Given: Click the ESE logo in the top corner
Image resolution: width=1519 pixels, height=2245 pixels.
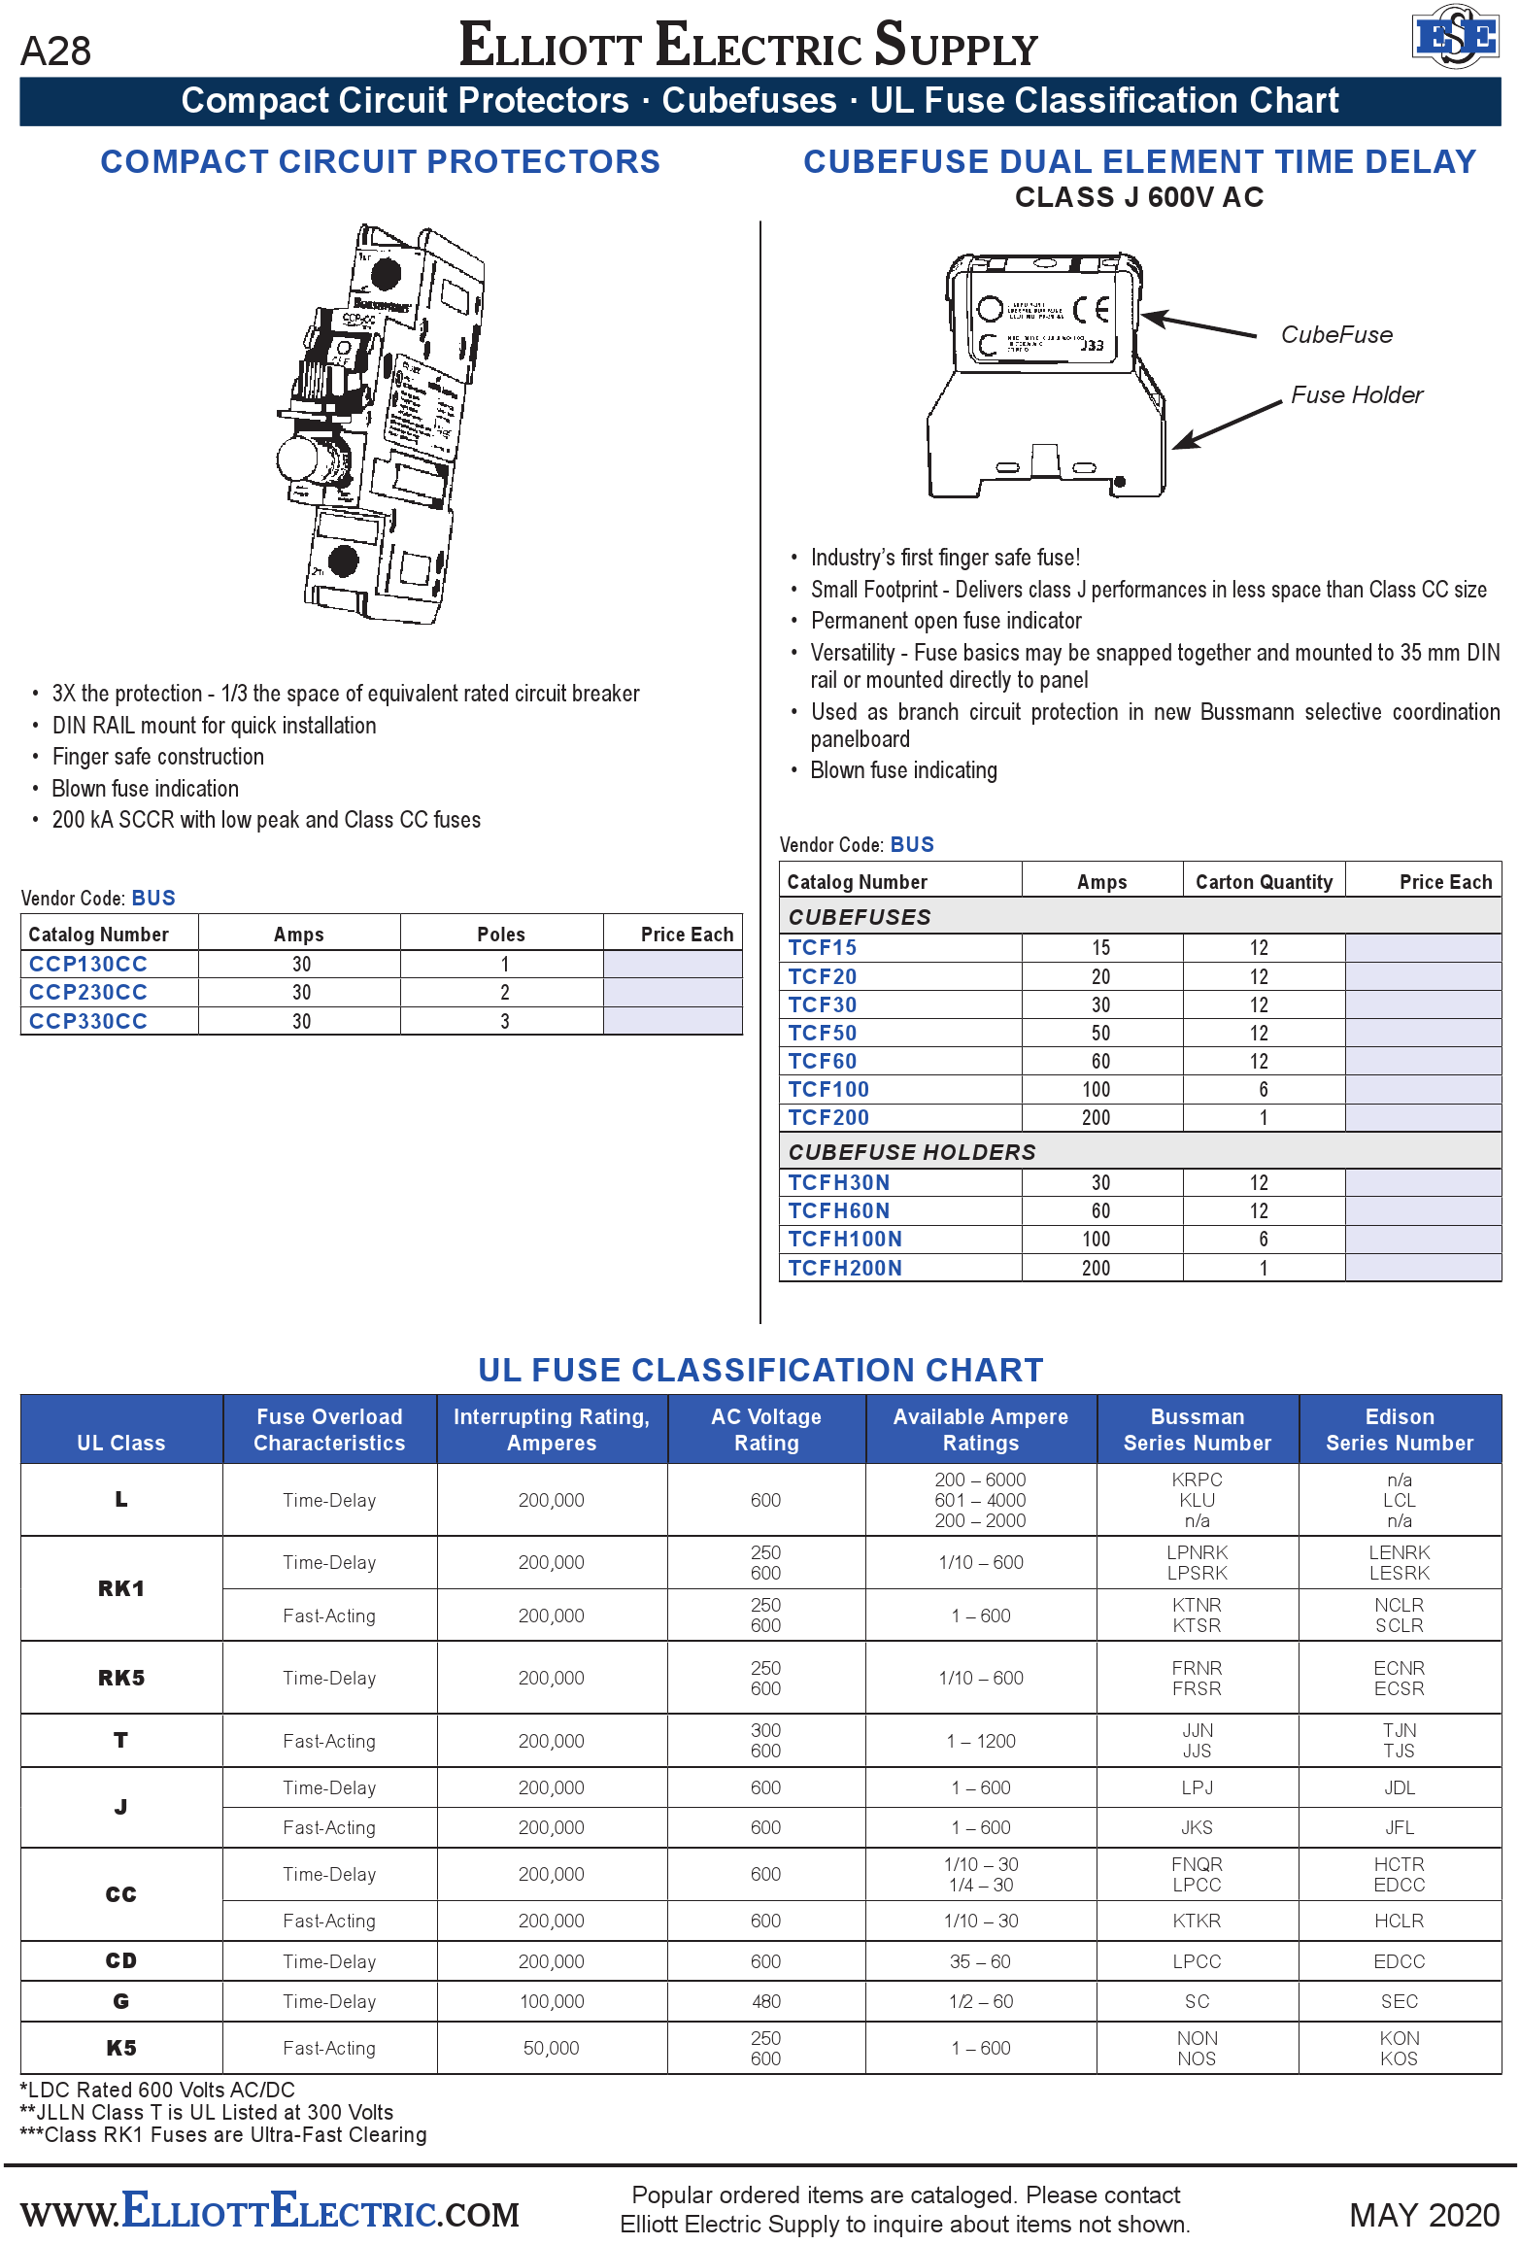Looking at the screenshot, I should click(1455, 37).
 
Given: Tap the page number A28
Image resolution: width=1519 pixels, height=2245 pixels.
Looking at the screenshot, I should click(55, 51).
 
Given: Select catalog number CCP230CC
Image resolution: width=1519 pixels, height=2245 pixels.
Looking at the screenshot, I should click(87, 992).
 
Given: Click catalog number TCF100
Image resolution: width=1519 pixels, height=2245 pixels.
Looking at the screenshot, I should click(827, 1089).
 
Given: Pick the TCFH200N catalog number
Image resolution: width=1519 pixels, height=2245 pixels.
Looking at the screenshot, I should click(844, 1268).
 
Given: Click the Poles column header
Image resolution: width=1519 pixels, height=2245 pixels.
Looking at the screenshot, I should click(500, 934).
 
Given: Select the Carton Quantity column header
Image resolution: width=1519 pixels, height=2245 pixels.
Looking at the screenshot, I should click(1263, 881).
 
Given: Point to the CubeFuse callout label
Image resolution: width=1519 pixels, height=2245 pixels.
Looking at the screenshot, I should click(1335, 335).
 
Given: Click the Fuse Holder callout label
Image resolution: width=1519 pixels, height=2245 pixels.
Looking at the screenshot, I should click(1356, 394).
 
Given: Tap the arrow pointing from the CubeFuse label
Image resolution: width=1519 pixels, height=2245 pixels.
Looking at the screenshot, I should click(1198, 325).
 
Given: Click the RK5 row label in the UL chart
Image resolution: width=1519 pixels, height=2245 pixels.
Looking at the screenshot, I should click(120, 1678).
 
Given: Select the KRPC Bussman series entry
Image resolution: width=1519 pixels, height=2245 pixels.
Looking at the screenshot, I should click(1196, 1480).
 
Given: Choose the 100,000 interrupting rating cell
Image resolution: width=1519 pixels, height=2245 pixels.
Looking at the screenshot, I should click(551, 2001).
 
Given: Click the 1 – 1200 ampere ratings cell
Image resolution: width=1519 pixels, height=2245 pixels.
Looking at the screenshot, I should click(980, 1741).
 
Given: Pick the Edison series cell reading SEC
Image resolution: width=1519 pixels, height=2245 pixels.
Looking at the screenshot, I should click(1399, 2001).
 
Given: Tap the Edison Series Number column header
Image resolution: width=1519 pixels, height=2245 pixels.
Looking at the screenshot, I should click(1399, 1429).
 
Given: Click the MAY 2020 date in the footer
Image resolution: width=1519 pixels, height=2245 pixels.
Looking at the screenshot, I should click(1424, 2214).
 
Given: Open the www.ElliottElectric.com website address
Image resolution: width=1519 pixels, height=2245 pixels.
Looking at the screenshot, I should click(270, 2212).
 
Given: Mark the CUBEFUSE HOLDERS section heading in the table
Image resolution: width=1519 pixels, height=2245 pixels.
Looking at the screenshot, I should click(911, 1152).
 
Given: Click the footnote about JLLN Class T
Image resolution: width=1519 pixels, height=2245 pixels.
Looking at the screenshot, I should click(206, 2112).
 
